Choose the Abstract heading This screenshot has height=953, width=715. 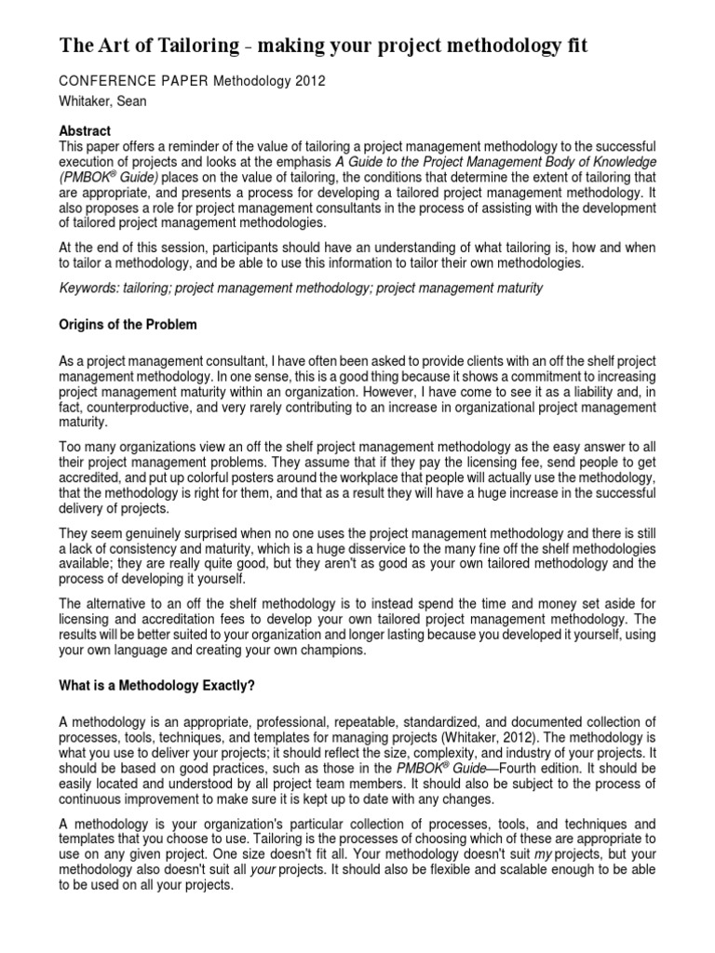tap(85, 132)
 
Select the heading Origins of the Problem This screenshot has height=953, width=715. tap(128, 324)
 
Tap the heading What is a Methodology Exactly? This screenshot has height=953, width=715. tap(156, 686)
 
